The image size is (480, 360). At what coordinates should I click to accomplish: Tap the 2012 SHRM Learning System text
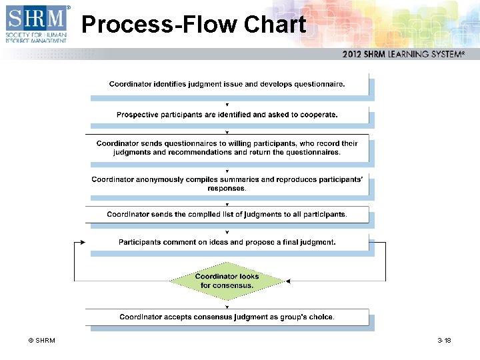point(403,54)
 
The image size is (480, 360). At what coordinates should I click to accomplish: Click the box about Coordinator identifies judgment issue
point(227,84)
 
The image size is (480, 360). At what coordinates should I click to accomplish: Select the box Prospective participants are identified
point(227,115)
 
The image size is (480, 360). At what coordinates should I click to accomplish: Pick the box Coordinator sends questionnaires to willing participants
point(227,147)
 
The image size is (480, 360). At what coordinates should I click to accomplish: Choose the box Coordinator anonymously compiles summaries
point(227,183)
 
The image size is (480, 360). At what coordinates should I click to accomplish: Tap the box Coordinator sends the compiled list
point(227,214)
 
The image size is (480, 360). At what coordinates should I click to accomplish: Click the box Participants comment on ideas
point(227,242)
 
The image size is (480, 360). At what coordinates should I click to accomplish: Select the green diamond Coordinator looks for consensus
point(227,281)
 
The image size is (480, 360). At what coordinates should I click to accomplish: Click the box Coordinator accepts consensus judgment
point(227,317)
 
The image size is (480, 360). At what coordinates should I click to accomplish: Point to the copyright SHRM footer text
point(41,341)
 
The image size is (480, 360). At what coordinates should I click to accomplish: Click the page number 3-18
point(444,341)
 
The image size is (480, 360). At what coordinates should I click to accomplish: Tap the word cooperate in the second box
point(317,115)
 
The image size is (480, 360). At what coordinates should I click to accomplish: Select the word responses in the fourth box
point(227,188)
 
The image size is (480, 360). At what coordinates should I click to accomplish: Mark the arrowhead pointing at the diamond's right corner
point(288,281)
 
